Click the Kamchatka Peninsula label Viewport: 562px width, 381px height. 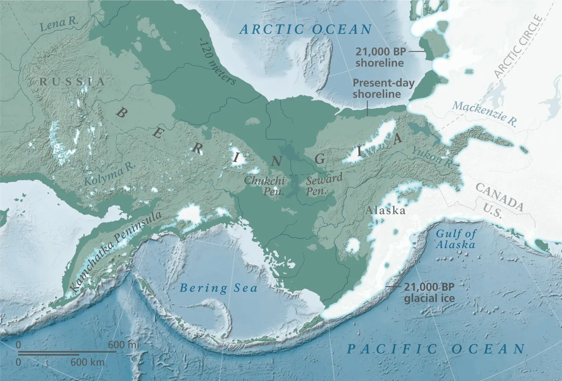[116, 251]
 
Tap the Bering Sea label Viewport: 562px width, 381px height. [218, 288]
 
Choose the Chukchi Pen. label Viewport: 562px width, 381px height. [264, 186]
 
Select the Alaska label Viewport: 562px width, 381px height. [385, 211]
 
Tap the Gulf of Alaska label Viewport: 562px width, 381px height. [456, 239]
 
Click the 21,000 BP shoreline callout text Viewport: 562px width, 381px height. [380, 57]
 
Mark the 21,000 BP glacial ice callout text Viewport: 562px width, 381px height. [429, 293]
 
